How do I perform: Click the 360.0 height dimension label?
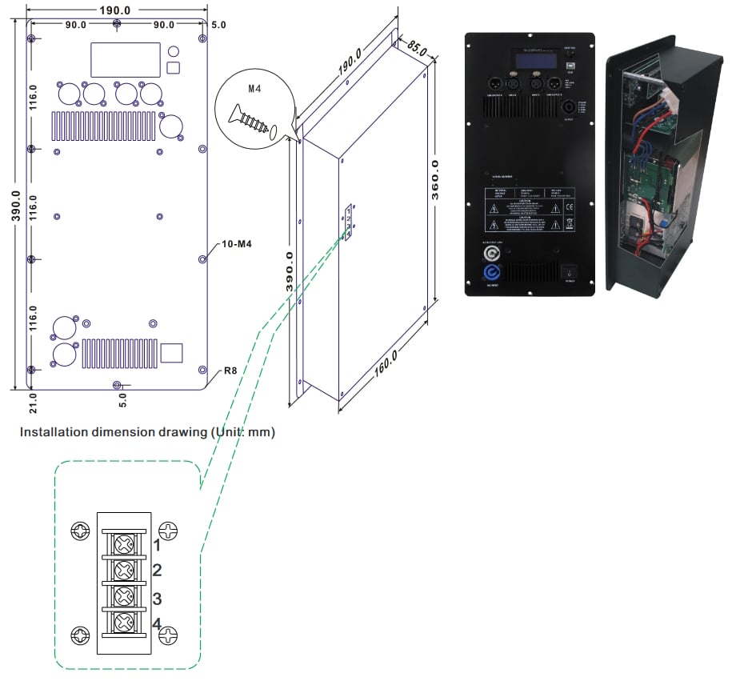[x=437, y=183]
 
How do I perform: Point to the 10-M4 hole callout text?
[x=237, y=243]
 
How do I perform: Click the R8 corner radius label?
[x=230, y=371]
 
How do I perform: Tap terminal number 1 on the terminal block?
[x=157, y=546]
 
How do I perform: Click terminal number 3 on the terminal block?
[x=157, y=599]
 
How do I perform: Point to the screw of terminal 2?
[x=123, y=571]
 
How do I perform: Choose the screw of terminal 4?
[x=123, y=623]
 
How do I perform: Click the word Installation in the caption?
[x=50, y=432]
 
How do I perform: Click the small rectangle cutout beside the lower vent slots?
[x=172, y=353]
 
